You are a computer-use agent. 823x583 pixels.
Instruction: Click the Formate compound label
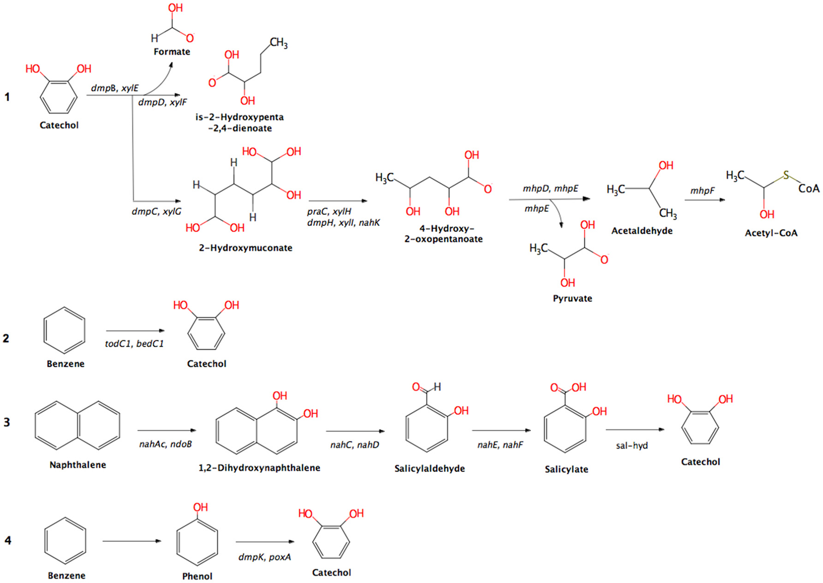[x=172, y=52]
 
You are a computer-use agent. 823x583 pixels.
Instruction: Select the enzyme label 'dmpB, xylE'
[x=115, y=88]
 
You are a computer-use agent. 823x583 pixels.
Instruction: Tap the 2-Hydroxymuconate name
[x=246, y=248]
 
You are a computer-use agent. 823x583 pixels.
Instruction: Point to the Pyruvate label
[x=572, y=298]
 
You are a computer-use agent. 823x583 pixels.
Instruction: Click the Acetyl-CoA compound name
[x=771, y=233]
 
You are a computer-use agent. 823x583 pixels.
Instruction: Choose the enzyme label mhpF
[x=702, y=190]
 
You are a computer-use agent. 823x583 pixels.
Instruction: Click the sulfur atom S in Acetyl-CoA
[x=786, y=175]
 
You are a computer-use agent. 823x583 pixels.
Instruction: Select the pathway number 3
[x=7, y=422]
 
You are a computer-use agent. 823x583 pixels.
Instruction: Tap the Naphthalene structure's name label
[x=78, y=465]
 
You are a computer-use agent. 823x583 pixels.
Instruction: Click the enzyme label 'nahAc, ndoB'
[x=165, y=444]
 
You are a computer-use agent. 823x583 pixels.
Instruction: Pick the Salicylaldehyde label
[x=430, y=468]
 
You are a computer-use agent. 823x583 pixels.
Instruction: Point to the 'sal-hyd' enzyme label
[x=632, y=446]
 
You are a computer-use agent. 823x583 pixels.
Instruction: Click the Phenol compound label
[x=197, y=576]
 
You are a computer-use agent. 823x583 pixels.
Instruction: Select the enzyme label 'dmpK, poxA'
[x=265, y=557]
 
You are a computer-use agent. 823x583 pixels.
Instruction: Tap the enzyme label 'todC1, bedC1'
[x=134, y=343]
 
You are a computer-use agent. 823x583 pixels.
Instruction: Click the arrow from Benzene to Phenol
[x=132, y=541]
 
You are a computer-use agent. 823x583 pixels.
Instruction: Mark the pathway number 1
[x=7, y=97]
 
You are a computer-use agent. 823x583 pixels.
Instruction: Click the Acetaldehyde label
[x=642, y=231]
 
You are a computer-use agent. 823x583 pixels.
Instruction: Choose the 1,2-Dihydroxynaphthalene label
[x=259, y=467]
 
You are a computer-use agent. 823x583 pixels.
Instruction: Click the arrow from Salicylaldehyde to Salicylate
[x=501, y=430]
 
